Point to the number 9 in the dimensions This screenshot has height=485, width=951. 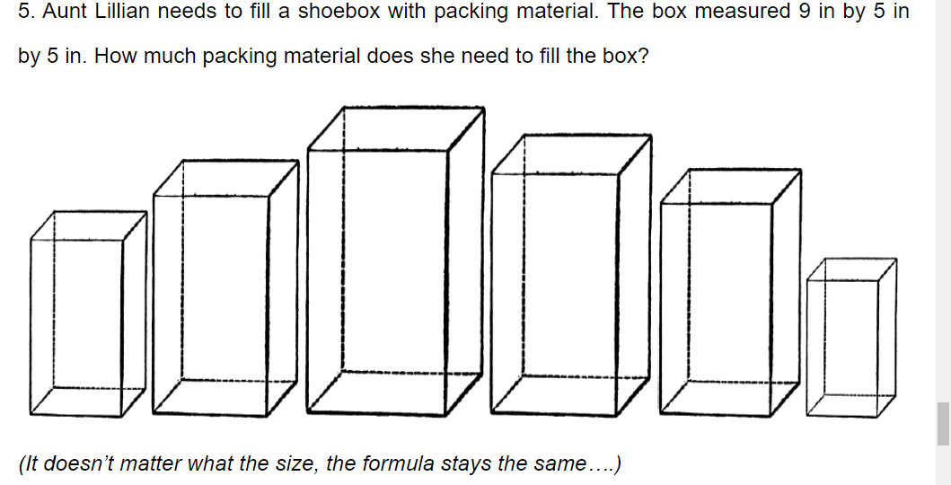pyautogui.click(x=805, y=12)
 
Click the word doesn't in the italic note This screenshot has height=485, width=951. pyautogui.click(x=82, y=463)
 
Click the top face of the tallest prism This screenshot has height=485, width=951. pyautogui.click(x=396, y=128)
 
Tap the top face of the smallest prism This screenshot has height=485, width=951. pyautogui.click(x=851, y=269)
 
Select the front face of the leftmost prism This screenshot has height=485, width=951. pyautogui.click(x=76, y=328)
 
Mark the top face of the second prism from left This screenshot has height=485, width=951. pyautogui.click(x=225, y=178)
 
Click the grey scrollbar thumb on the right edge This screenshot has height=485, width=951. pyautogui.click(x=943, y=424)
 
